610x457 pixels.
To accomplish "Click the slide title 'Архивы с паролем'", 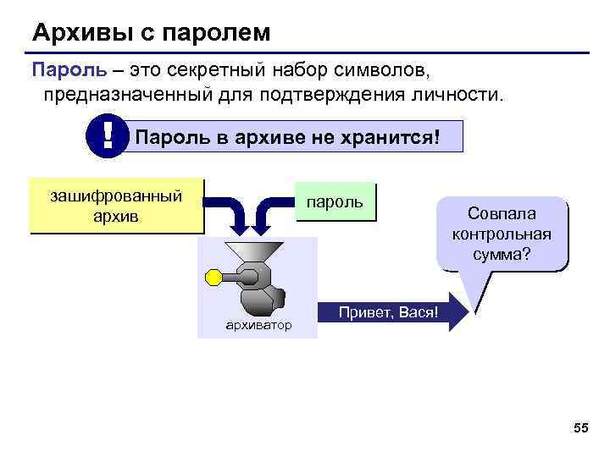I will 152,33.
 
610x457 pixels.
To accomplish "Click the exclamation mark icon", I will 108,135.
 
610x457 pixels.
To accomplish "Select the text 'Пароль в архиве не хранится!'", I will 288,135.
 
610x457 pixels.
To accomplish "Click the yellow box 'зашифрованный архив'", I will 116,206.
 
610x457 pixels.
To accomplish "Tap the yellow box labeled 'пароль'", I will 335,202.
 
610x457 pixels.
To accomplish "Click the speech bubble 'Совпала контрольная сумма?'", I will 502,234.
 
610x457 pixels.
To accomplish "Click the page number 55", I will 580,429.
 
